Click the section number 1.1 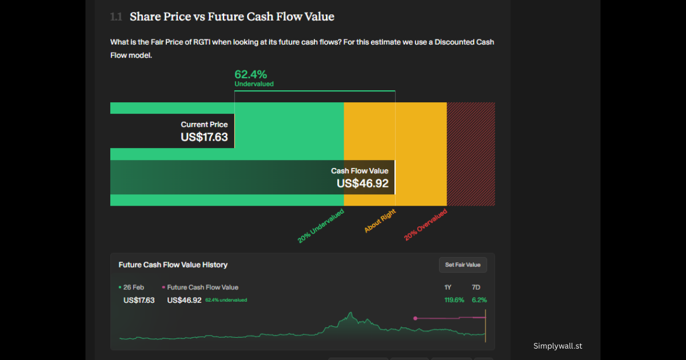[116, 17]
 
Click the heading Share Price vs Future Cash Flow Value [232, 17]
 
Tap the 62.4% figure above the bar [250, 74]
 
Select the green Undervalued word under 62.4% [254, 84]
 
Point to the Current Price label [204, 125]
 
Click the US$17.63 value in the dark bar [204, 137]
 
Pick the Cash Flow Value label [360, 171]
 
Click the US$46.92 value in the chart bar [362, 183]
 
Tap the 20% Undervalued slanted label [321, 226]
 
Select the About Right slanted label [380, 221]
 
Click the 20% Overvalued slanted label [425, 225]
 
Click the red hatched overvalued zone [470, 154]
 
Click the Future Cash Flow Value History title [173, 265]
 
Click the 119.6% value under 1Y [454, 300]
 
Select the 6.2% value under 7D [479, 300]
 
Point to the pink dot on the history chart [415, 318]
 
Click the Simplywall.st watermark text [557, 346]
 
